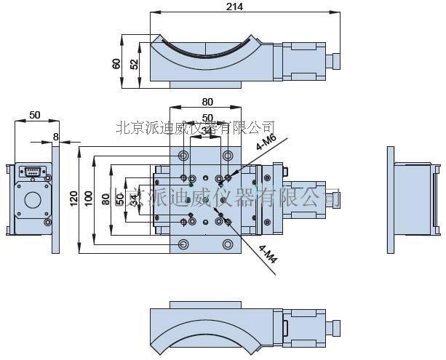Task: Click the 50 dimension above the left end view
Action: pos(34,116)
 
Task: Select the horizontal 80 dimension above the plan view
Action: pos(207,102)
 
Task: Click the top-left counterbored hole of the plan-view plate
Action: pos(183,156)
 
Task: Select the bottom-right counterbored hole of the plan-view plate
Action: pos(229,244)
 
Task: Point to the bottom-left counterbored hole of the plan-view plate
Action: pos(183,244)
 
